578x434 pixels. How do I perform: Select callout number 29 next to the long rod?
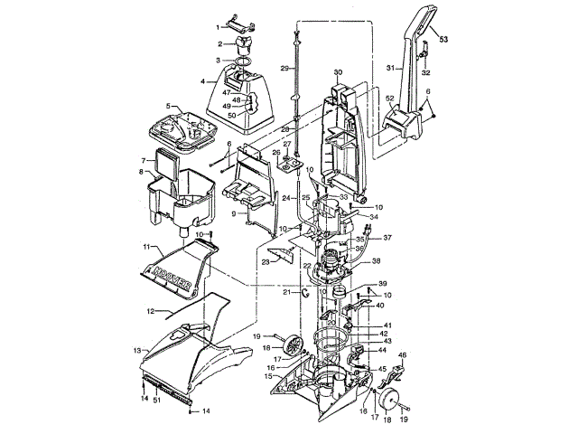[x=283, y=69]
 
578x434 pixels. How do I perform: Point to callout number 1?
[x=217, y=27]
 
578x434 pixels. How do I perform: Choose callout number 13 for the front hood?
[x=137, y=349]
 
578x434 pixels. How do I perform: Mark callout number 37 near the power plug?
[x=388, y=239]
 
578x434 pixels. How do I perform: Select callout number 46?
[x=403, y=356]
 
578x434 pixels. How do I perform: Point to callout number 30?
[x=339, y=72]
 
